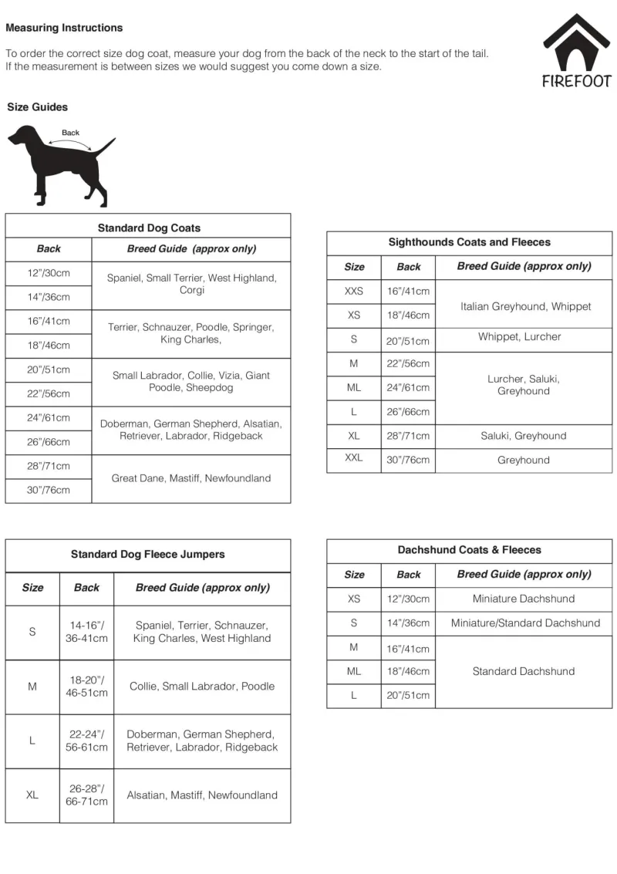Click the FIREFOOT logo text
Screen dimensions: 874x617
coord(576,81)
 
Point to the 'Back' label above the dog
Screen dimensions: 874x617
coord(70,133)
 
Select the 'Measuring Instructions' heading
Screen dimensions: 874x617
coord(64,28)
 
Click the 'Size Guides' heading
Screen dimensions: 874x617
coord(38,107)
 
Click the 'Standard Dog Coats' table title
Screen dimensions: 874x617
coord(149,228)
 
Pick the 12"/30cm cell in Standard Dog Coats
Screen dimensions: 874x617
coord(49,273)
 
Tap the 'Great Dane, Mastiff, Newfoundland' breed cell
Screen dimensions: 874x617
coord(191,478)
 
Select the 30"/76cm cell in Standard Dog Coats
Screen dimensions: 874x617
coord(49,490)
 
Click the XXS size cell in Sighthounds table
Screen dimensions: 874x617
coord(354,292)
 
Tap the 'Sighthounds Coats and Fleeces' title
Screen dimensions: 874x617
coord(470,242)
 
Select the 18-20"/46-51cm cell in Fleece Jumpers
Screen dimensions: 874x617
coord(86,687)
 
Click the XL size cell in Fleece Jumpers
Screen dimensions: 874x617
coord(32,795)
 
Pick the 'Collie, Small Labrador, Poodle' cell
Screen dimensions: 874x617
coord(202,687)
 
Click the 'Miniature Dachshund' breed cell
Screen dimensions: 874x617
coord(524,599)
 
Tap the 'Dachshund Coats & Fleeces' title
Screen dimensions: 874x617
coord(470,550)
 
